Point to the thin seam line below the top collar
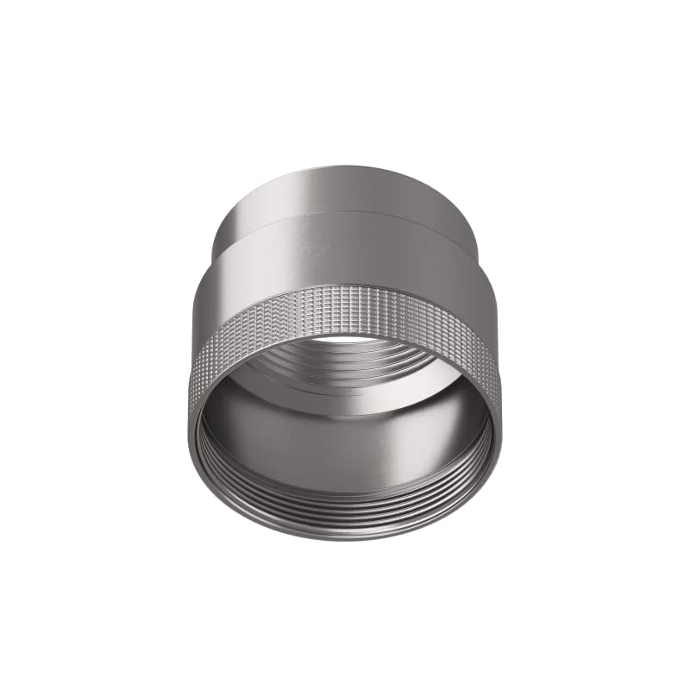(345, 213)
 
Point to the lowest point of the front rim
(345, 540)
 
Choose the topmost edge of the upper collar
(345, 164)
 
